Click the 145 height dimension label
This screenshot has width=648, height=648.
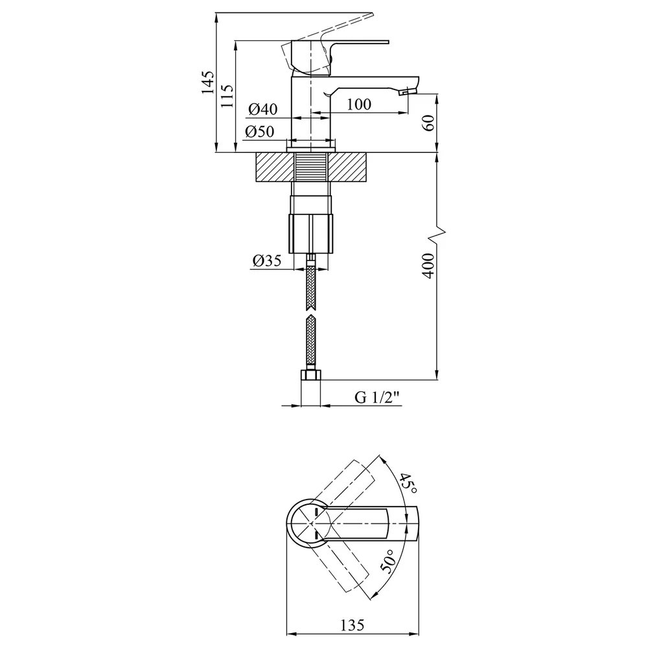click(x=208, y=83)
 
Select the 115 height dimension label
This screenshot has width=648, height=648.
click(x=227, y=96)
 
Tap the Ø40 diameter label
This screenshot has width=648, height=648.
click(x=263, y=109)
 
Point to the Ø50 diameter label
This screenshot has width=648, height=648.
click(x=260, y=132)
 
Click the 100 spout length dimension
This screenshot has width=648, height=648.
click(x=359, y=104)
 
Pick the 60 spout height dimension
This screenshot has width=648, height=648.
click(x=428, y=122)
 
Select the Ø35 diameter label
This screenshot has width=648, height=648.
click(x=266, y=260)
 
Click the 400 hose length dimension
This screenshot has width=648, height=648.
click(x=428, y=266)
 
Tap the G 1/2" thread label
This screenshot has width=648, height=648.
click(x=377, y=397)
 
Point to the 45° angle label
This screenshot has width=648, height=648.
click(x=407, y=483)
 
